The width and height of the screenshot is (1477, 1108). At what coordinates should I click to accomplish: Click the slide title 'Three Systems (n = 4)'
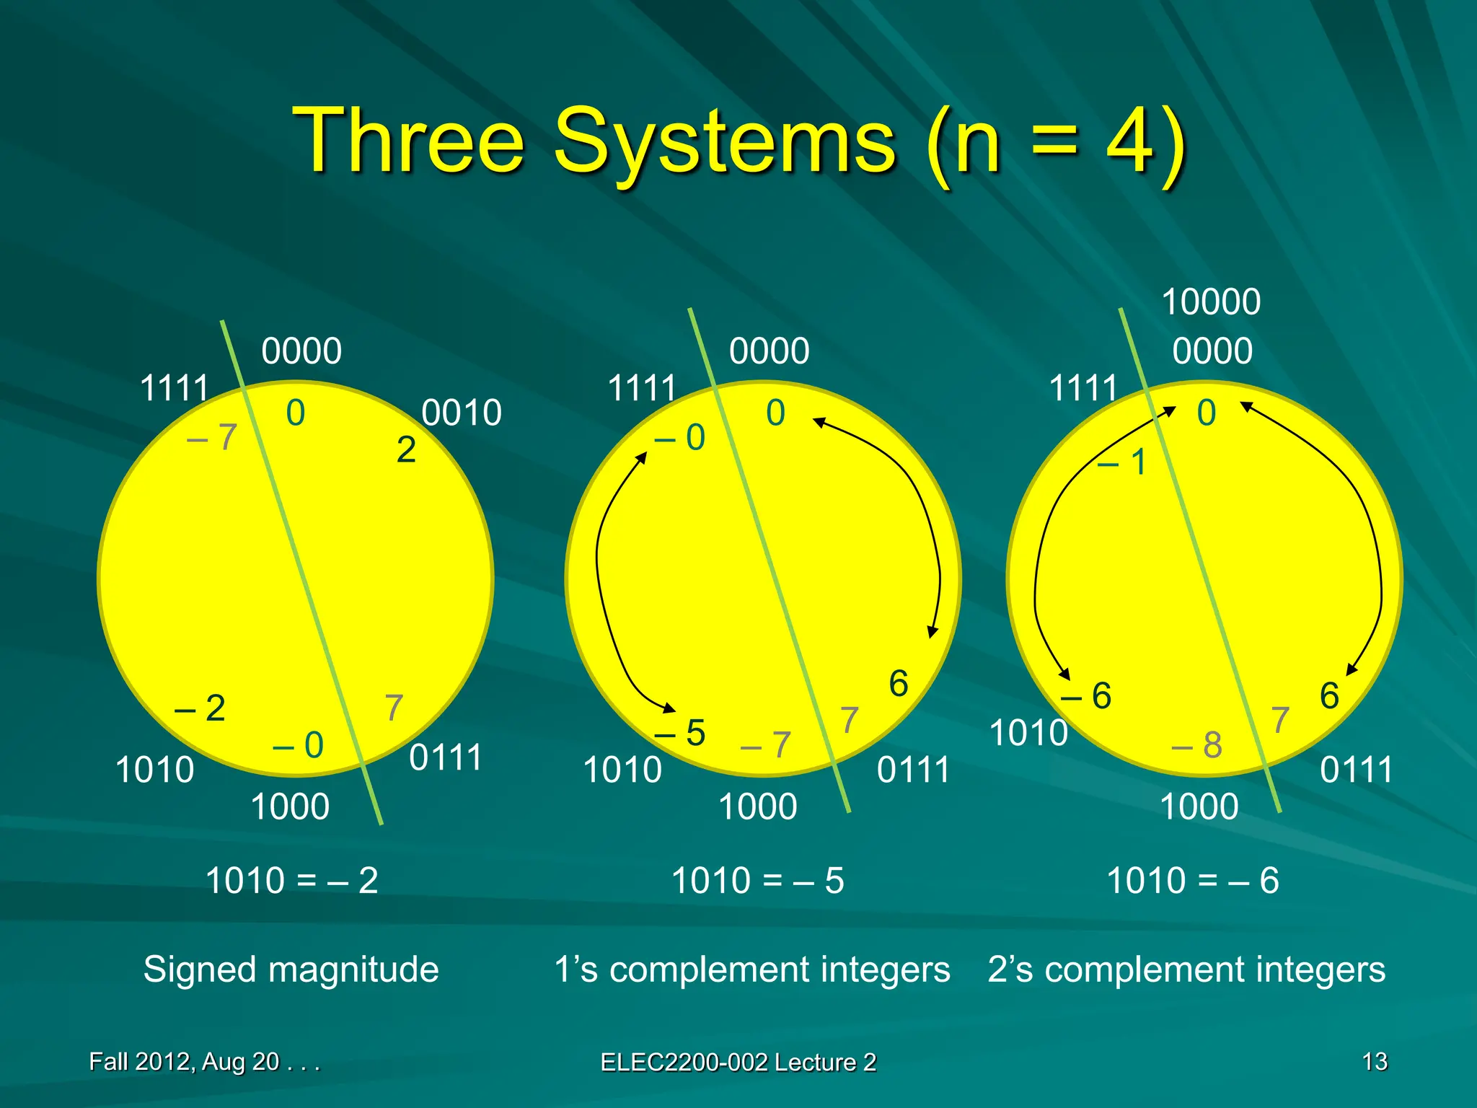pyautogui.click(x=738, y=141)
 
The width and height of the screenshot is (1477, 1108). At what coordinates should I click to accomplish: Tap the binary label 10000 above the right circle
pyautogui.click(x=1211, y=302)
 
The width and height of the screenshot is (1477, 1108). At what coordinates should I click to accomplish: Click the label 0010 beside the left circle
pyautogui.click(x=462, y=413)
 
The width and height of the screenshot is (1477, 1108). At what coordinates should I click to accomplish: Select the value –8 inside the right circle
pyautogui.click(x=1196, y=744)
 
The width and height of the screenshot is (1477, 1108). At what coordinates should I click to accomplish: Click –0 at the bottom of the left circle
pyautogui.click(x=298, y=744)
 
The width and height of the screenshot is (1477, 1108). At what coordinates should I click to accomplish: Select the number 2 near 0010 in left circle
pyautogui.click(x=406, y=450)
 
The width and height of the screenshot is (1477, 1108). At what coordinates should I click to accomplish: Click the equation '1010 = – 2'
pyautogui.click(x=291, y=881)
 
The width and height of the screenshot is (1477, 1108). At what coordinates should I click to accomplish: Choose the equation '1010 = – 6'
pyautogui.click(x=1192, y=881)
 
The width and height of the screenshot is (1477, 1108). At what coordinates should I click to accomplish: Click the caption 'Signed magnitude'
pyautogui.click(x=291, y=969)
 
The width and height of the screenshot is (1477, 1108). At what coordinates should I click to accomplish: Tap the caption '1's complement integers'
pyautogui.click(x=751, y=969)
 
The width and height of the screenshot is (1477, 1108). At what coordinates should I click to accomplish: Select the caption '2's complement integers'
pyautogui.click(x=1186, y=969)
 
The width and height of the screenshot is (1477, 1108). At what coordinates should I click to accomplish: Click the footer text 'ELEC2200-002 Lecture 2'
pyautogui.click(x=738, y=1062)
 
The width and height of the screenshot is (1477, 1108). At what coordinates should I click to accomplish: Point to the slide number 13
pyautogui.click(x=1375, y=1061)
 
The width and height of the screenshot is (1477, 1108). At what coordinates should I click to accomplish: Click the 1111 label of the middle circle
pyautogui.click(x=642, y=388)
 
